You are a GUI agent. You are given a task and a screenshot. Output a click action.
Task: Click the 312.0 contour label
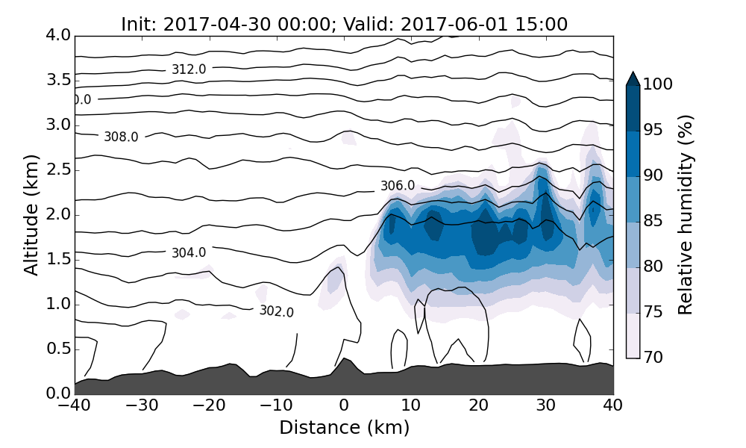189,69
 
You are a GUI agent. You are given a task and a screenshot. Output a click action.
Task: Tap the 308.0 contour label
121,137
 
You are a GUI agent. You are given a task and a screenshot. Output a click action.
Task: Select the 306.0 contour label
398,186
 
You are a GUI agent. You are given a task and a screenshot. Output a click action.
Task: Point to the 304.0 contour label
189,253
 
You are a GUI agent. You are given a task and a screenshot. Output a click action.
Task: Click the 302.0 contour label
277,311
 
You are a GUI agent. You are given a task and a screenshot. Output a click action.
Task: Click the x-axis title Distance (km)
344,428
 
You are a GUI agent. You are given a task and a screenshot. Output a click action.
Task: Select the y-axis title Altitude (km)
31,214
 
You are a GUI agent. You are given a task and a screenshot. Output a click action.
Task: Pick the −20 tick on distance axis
209,407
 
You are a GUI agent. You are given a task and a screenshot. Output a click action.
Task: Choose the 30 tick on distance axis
546,407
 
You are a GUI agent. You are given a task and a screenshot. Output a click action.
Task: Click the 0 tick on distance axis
344,407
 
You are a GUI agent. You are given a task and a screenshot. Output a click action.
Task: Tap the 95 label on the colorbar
654,130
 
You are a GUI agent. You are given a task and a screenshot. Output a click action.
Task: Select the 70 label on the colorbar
654,358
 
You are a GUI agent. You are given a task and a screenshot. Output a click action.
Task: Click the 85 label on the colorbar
654,221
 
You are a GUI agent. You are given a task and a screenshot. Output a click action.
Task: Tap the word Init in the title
136,24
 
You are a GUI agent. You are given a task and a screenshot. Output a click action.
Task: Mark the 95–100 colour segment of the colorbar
633,108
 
